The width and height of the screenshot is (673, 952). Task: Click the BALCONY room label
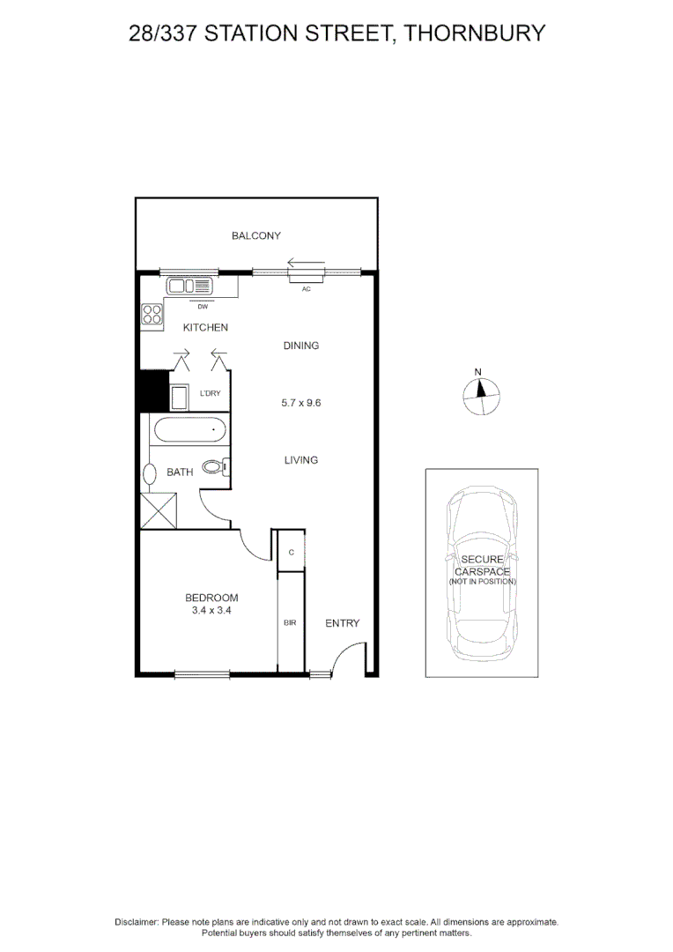[256, 235]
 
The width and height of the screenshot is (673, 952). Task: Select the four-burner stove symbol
[152, 316]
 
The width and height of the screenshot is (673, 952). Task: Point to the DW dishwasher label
[202, 307]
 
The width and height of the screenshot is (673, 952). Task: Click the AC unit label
[307, 288]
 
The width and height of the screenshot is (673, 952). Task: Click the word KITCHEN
[205, 328]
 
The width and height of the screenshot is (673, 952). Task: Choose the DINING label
[301, 346]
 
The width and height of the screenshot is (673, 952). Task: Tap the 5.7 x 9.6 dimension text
[300, 403]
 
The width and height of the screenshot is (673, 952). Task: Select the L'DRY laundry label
[211, 393]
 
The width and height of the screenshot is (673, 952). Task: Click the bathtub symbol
[190, 432]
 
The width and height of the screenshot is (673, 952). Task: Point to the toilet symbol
[215, 467]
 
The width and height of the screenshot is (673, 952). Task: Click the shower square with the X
[159, 511]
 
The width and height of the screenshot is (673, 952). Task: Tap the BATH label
[180, 472]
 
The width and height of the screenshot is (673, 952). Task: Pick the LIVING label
[301, 460]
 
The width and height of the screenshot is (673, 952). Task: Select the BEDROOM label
[211, 598]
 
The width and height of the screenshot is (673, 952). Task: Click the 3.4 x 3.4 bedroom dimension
[211, 610]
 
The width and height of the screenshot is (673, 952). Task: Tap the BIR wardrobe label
[289, 623]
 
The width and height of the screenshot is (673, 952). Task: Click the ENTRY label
[343, 623]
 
